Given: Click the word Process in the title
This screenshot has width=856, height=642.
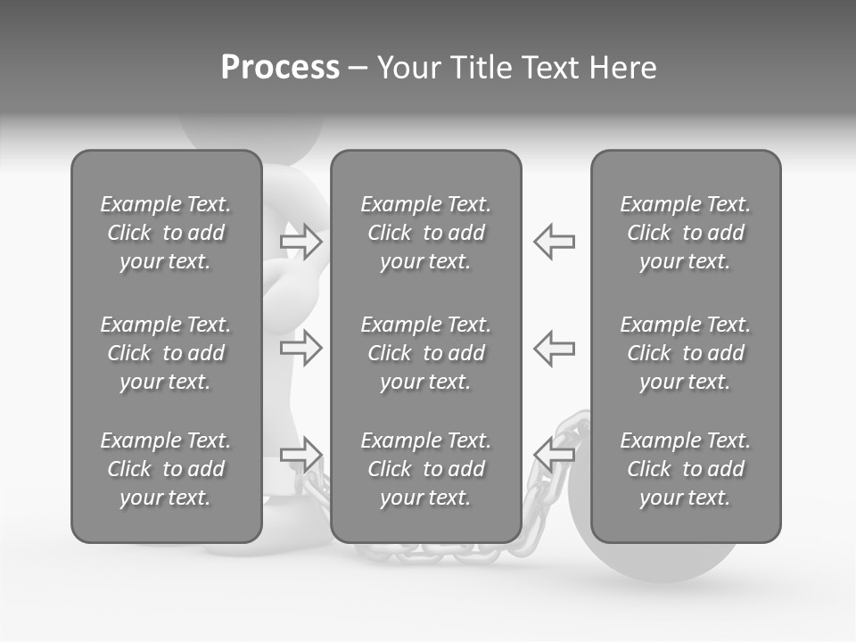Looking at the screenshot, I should pos(280,68).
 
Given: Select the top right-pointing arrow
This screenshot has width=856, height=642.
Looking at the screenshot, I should pos(301,242).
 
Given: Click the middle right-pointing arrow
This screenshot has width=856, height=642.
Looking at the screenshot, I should pos(301,348).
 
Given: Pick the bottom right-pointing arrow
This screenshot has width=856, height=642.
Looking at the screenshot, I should pos(301,455).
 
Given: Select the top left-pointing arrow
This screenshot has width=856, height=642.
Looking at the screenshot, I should pos(554,242).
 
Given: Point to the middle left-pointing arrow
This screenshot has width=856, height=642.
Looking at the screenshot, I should pos(554,348).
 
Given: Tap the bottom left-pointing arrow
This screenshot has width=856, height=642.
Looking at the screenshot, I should pos(554,455).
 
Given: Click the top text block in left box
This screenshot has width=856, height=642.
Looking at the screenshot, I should pos(166,233).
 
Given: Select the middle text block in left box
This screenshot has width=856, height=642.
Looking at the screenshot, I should pos(166,353).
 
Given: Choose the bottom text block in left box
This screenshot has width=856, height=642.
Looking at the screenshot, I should pos(166,469).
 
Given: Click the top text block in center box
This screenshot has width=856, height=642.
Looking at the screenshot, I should pos(425,233).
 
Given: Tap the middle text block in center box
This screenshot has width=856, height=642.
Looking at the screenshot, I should pos(425,353).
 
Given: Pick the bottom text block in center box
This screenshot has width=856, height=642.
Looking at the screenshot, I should pos(425,469).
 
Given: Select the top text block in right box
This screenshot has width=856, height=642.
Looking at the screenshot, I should pos(685,233).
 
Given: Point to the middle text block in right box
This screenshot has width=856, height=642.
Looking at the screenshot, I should pos(685,353).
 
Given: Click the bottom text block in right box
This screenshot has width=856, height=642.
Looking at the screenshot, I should pos(685,469).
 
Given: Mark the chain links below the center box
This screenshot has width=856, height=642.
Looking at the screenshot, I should pos(428,553).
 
